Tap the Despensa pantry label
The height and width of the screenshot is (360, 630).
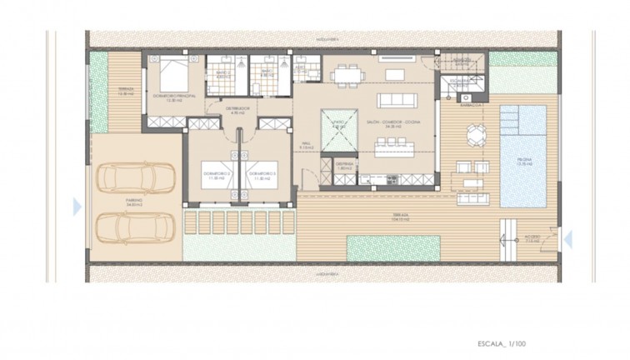click(x=345, y=165)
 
